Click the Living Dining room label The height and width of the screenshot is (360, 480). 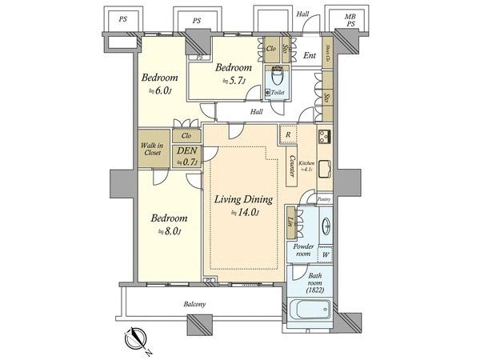(x=242, y=199)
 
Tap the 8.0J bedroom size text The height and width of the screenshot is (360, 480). (x=170, y=232)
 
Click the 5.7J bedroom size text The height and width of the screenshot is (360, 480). (x=234, y=81)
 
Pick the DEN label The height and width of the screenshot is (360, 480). (x=186, y=150)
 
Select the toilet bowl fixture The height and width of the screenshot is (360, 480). (x=278, y=80)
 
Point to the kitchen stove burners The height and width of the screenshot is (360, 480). (x=325, y=134)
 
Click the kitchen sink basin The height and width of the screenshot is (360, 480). (x=325, y=170)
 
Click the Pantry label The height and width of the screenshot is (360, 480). (x=323, y=198)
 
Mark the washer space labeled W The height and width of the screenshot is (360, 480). (x=325, y=258)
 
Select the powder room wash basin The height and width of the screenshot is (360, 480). (x=325, y=226)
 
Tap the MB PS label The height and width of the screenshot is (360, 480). (x=350, y=21)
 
